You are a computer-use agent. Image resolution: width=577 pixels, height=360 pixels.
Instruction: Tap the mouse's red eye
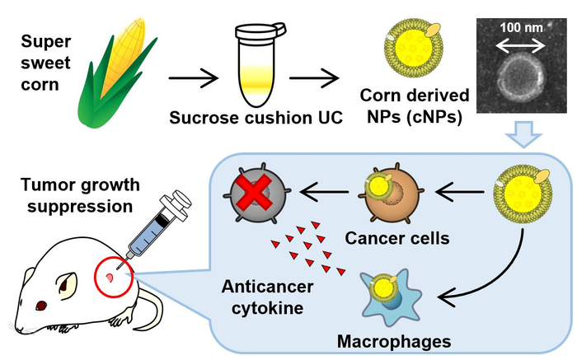click(x=42, y=306)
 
